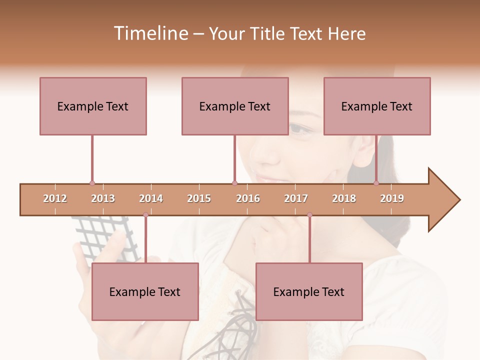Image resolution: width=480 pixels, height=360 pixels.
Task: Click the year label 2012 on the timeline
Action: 55,198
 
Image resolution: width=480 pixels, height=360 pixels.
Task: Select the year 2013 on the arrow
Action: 103,198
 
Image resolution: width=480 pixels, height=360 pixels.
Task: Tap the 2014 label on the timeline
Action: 151,198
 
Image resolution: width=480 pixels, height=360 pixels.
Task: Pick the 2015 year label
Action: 199,198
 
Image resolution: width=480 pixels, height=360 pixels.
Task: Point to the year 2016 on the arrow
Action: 248,198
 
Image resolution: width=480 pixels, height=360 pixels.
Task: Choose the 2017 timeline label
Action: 296,198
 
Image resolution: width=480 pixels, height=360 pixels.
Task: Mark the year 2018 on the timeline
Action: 344,198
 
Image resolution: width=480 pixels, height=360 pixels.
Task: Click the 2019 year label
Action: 392,198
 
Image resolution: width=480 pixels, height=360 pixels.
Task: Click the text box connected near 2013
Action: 93,106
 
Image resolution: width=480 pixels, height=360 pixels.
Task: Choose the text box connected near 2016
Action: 235,106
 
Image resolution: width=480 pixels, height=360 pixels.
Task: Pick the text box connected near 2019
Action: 377,106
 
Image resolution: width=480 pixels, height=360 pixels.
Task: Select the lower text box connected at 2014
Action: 145,291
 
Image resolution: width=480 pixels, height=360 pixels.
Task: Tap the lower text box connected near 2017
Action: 309,291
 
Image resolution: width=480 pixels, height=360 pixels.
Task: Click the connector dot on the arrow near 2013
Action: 92,183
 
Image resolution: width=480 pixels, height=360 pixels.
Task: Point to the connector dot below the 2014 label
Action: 145,215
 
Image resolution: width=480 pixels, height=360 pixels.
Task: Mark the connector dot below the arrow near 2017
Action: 309,215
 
